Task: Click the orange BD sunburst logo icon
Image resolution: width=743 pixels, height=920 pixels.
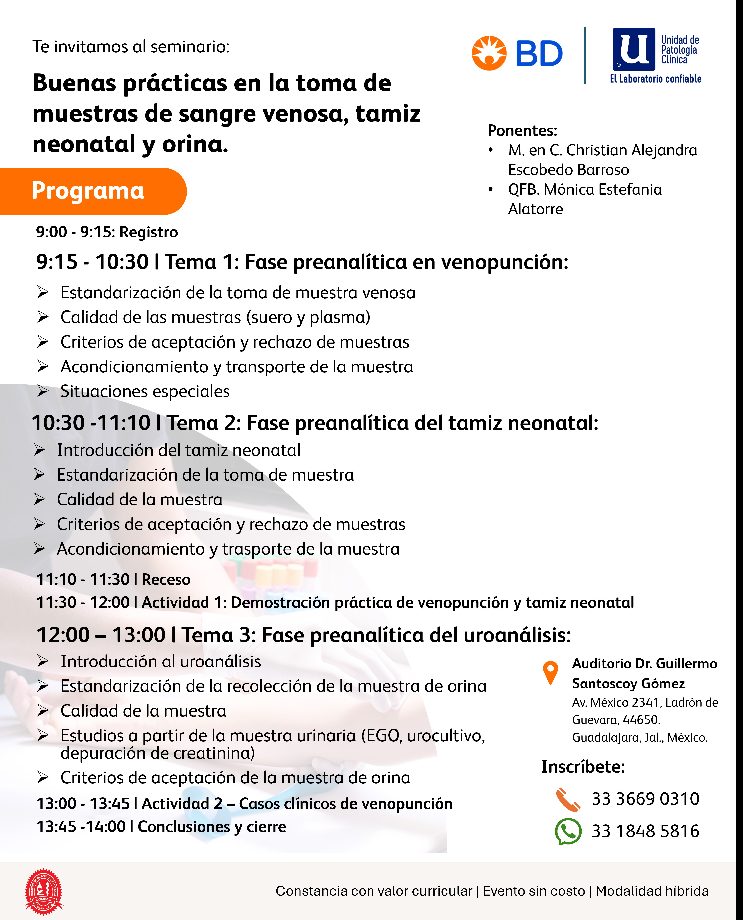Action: (x=489, y=53)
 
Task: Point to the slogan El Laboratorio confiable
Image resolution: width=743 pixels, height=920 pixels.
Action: (x=655, y=79)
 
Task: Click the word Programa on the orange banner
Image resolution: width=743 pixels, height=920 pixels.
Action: (x=88, y=191)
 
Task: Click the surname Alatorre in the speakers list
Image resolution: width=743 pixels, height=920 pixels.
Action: (x=535, y=209)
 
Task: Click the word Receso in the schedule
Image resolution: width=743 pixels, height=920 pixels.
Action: (x=166, y=580)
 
